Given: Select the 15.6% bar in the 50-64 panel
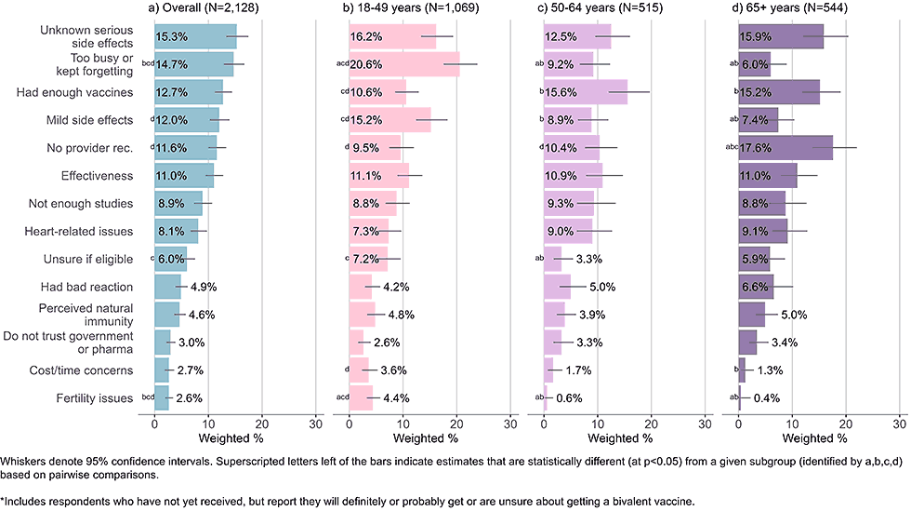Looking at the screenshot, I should coord(586,93).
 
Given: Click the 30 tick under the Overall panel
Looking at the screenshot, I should coord(315,422).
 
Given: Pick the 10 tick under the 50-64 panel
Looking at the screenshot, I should coord(598,422).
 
